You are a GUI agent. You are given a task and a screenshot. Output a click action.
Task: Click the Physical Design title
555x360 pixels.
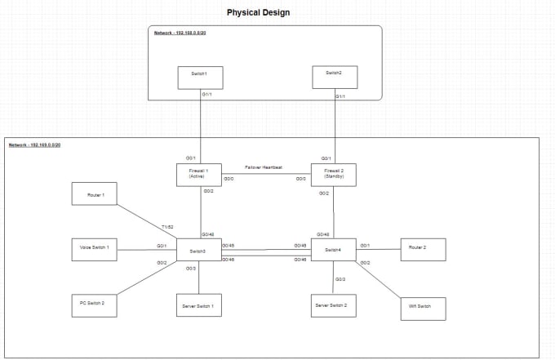pos(257,13)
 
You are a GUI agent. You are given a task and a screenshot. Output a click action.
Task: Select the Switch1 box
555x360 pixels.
pos(200,78)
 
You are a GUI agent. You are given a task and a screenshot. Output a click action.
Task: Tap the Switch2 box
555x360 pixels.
pos(335,77)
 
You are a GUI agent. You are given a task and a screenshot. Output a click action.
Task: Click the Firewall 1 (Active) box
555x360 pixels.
pos(200,175)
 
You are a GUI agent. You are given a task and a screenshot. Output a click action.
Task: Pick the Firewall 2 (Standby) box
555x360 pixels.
pos(334,175)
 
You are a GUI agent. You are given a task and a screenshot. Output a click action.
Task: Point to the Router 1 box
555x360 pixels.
pos(95,196)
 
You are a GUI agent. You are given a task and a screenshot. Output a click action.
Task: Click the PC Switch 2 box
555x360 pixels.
pos(97,302)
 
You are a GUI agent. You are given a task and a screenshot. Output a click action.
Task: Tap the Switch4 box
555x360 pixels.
pos(333,250)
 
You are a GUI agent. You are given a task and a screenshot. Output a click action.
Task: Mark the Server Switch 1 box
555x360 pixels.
pos(198,306)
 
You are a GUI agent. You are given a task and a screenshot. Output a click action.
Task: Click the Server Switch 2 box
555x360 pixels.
pos(335,304)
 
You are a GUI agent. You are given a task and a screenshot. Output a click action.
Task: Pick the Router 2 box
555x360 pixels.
pos(422,249)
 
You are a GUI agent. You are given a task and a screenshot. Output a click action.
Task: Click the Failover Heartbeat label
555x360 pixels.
pos(264,167)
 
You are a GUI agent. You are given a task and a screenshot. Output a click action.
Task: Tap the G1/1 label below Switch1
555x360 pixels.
pos(206,96)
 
